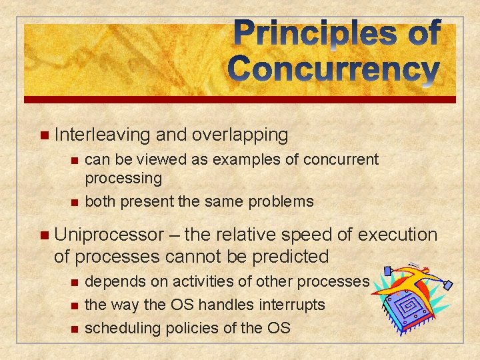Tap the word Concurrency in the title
(x=334, y=69)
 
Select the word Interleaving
(x=103, y=135)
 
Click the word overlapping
(x=239, y=135)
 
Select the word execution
(x=398, y=235)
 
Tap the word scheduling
(x=120, y=327)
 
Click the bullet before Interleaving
(x=44, y=135)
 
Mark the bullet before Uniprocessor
(x=44, y=235)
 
